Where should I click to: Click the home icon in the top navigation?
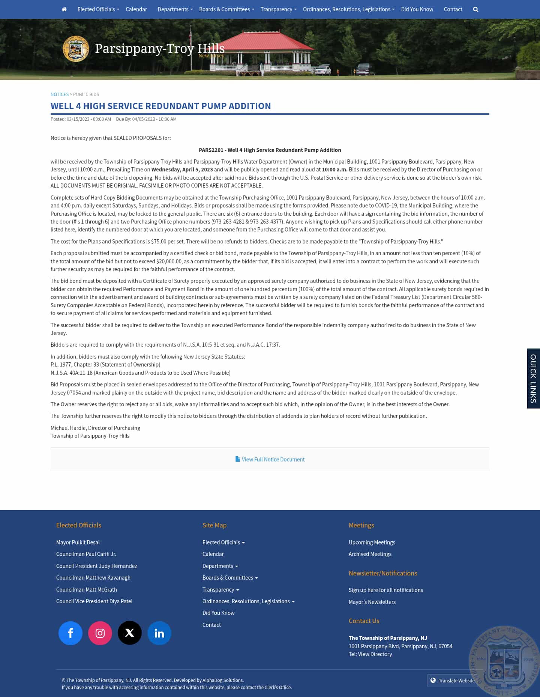pos(64,9)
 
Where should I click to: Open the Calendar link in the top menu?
pos(136,9)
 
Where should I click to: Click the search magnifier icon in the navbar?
pos(475,9)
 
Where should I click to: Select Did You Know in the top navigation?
pos(417,9)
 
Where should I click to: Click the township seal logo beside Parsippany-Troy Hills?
pos(76,49)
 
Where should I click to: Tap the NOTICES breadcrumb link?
pos(60,95)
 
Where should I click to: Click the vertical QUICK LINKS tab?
pos(533,379)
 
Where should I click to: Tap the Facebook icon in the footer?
pos(70,633)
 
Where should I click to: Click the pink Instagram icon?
pos(100,633)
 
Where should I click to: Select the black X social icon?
pos(130,633)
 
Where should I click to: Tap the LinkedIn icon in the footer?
pos(159,633)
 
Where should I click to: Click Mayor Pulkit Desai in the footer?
pos(78,542)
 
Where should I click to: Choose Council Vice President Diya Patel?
pos(94,601)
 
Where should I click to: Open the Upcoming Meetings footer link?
pos(372,542)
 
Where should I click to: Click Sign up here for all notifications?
pos(386,590)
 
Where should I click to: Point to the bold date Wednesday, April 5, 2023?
pos(182,170)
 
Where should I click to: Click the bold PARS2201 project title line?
pos(270,150)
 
